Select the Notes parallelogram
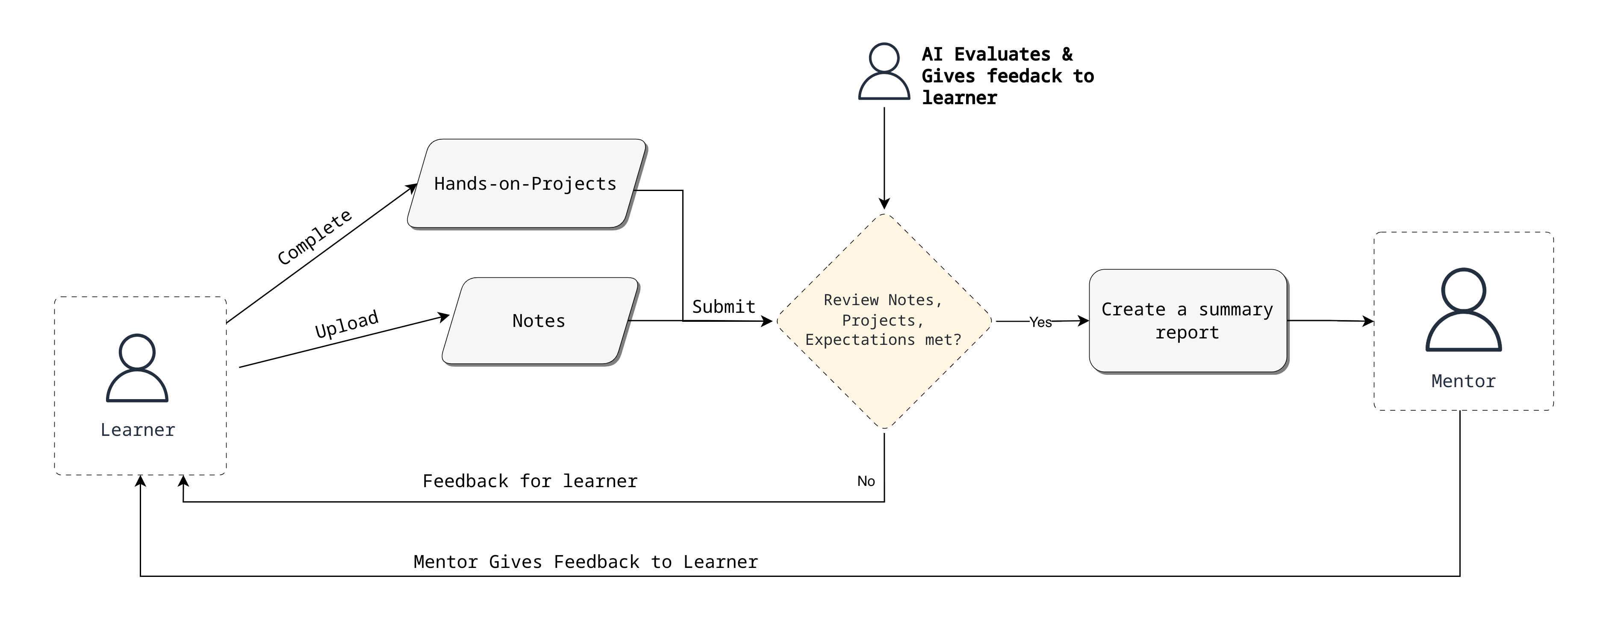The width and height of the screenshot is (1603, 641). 539,320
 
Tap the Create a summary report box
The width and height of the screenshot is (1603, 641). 1188,320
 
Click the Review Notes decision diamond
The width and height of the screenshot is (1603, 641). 884,320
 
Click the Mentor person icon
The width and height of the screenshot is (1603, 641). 1464,309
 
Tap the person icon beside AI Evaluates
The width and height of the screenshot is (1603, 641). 884,71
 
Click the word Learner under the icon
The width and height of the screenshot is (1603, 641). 138,430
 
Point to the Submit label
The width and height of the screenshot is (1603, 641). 724,307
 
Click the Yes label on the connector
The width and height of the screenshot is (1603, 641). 1040,322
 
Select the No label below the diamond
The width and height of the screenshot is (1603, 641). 866,481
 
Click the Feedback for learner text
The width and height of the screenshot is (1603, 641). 530,481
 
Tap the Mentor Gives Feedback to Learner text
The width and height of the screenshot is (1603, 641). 586,562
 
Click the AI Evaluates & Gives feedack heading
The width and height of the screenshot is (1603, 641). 1008,76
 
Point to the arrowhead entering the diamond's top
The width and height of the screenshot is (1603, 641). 884,203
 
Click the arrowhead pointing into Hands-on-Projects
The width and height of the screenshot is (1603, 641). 412,187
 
